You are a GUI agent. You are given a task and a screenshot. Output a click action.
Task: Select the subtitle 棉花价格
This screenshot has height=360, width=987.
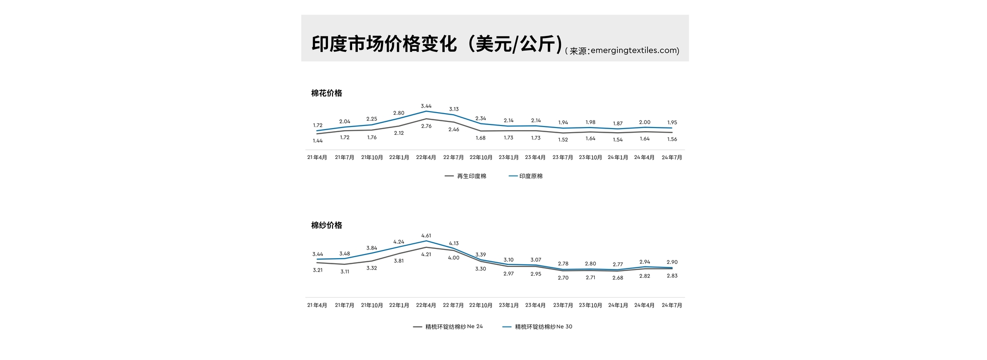pyautogui.click(x=326, y=93)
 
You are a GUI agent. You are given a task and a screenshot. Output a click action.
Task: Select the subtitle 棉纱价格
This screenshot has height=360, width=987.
pyautogui.click(x=326, y=225)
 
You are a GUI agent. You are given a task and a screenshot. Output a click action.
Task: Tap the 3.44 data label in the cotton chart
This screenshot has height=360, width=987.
pyautogui.click(x=426, y=106)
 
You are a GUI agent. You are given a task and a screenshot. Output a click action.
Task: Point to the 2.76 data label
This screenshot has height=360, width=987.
pyautogui.click(x=426, y=126)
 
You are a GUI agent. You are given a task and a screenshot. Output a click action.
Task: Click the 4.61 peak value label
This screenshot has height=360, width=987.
pyautogui.click(x=426, y=236)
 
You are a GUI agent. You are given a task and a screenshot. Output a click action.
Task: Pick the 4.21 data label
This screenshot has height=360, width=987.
pyautogui.click(x=426, y=254)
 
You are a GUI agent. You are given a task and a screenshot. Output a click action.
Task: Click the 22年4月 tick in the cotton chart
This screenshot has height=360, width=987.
pyautogui.click(x=426, y=157)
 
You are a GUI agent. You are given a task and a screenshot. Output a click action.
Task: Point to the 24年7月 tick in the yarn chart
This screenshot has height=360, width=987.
pyautogui.click(x=672, y=305)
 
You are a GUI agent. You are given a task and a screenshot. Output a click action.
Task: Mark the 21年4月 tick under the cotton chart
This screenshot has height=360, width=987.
pyautogui.click(x=317, y=157)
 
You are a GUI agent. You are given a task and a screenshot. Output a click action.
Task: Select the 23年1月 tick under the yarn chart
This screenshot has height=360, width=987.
pyautogui.click(x=508, y=305)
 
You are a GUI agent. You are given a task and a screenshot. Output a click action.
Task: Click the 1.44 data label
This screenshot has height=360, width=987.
pyautogui.click(x=318, y=140)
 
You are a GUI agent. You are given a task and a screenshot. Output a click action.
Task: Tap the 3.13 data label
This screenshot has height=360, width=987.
pyautogui.click(x=453, y=109)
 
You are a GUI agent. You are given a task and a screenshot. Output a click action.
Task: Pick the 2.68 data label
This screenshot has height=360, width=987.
pyautogui.click(x=617, y=278)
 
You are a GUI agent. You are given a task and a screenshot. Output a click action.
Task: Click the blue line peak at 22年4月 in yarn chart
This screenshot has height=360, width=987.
pyautogui.click(x=426, y=241)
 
